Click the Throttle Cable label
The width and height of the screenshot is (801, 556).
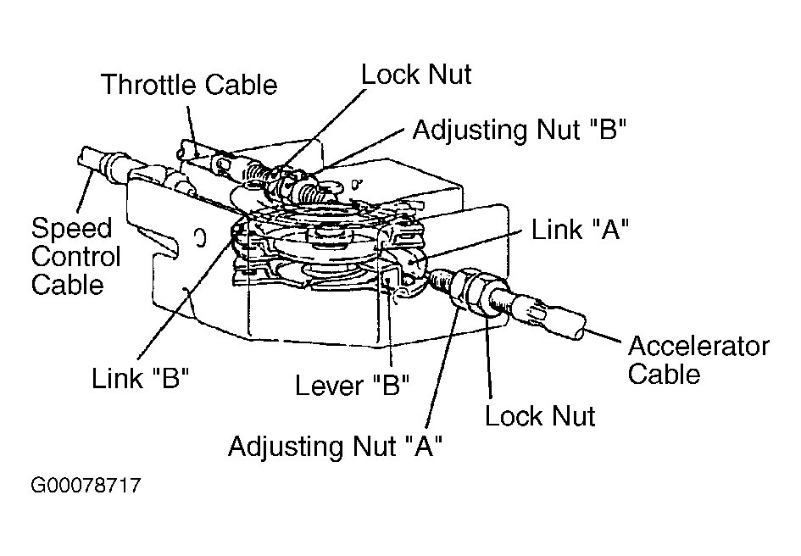[188, 85]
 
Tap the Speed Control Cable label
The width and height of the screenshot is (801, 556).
[75, 256]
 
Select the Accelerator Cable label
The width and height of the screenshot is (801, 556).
[698, 360]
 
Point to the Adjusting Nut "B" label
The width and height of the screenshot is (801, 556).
[519, 130]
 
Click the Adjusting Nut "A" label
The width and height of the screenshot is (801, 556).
[336, 446]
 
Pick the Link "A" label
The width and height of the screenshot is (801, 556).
[579, 230]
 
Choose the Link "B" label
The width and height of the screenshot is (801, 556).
[139, 378]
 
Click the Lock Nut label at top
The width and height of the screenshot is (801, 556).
[415, 74]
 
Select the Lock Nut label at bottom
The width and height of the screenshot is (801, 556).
[540, 415]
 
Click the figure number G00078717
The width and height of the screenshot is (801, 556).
[85, 486]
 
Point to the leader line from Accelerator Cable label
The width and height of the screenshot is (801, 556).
[607, 334]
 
